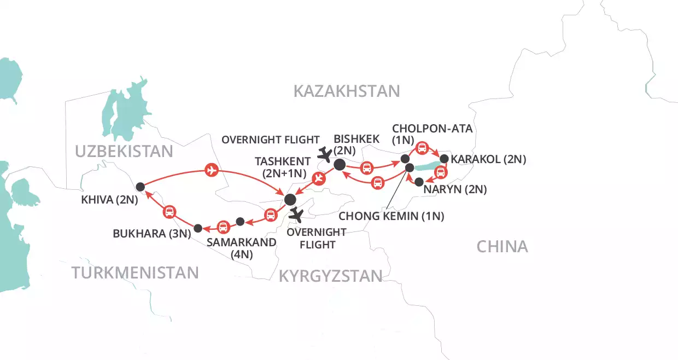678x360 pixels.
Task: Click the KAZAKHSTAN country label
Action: click(347, 91)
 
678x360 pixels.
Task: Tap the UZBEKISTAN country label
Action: click(124, 152)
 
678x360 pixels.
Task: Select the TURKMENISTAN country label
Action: click(135, 272)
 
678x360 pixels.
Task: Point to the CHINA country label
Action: click(502, 247)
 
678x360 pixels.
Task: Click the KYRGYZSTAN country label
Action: click(330, 276)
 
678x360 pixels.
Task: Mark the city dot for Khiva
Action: click(140, 185)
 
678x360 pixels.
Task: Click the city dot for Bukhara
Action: click(198, 228)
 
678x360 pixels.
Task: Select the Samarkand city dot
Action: click(239, 221)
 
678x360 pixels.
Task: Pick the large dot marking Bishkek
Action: click(339, 164)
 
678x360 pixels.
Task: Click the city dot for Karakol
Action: click(444, 159)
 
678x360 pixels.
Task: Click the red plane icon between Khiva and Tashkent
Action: click(212, 171)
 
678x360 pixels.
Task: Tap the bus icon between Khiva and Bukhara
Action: click(169, 211)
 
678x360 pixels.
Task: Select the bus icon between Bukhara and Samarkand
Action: click(223, 226)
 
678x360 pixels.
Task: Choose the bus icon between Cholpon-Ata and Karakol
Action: click(422, 147)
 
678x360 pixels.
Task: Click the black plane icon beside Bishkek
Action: click(327, 154)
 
